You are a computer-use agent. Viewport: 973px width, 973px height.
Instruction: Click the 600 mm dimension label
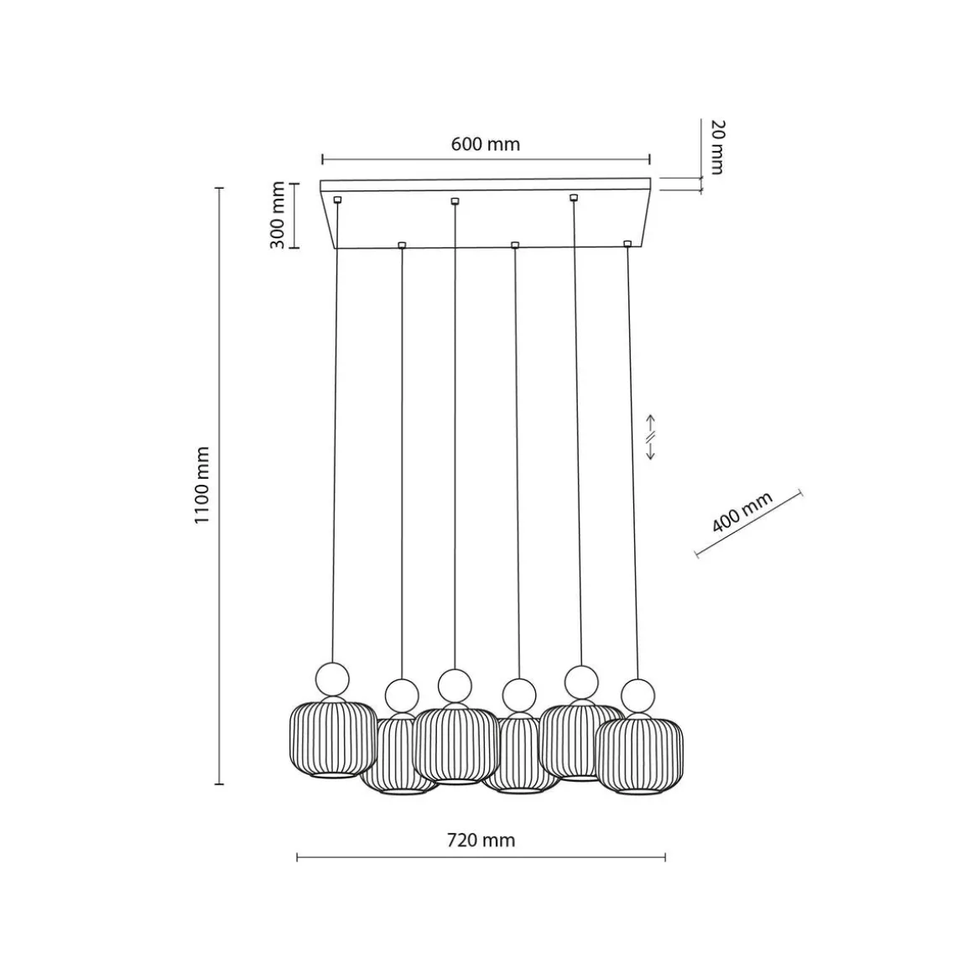pos(486,144)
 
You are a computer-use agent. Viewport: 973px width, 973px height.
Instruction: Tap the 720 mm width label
pos(481,840)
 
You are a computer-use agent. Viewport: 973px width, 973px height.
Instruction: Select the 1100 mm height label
pos(201,485)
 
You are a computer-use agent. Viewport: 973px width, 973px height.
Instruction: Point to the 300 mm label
pos(278,216)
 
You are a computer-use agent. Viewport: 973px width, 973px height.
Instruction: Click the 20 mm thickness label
pos(716,147)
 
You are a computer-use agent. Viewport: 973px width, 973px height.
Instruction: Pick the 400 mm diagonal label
pos(742,512)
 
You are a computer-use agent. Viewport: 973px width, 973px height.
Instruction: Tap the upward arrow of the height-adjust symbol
pos(651,423)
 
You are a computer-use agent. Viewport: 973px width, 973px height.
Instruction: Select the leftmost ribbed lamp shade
pos(333,739)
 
